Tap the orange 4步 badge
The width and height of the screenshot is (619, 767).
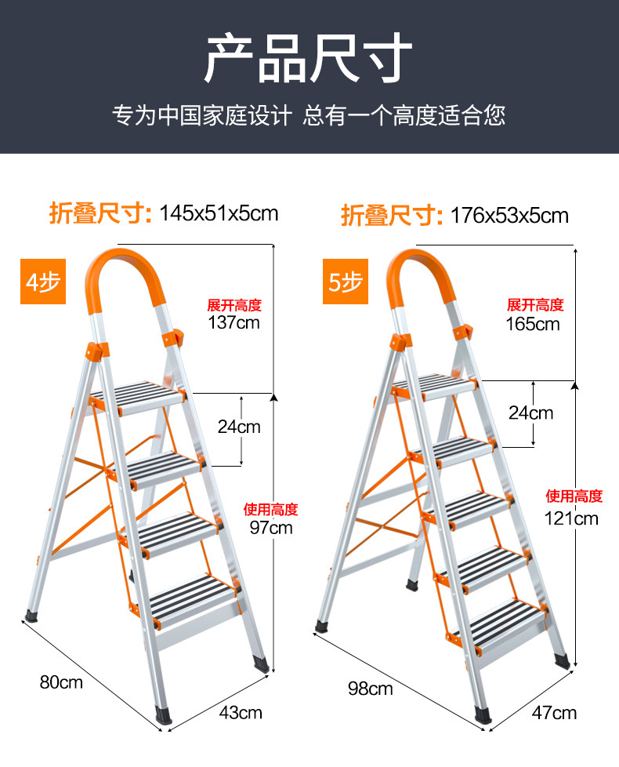[43, 282]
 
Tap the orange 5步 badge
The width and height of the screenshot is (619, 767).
[344, 282]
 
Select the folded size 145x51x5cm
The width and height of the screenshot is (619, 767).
[219, 212]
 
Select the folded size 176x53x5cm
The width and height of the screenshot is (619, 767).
[509, 215]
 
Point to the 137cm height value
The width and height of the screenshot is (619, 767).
[233, 322]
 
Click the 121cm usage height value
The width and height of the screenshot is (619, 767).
[572, 518]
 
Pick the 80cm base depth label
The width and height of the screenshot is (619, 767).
[61, 682]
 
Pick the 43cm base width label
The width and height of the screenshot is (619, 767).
[239, 712]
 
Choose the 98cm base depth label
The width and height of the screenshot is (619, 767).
[370, 689]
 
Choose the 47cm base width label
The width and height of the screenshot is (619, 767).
[554, 712]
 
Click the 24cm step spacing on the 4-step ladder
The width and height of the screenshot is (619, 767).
[239, 427]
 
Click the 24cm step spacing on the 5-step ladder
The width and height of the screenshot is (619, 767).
[530, 413]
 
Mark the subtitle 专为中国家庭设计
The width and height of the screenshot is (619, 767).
[202, 116]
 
